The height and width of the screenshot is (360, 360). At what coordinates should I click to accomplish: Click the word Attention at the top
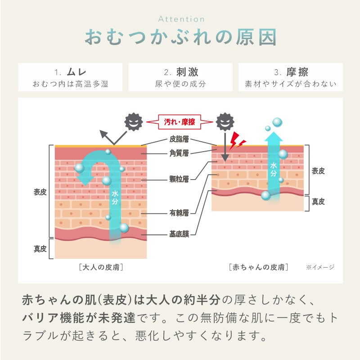click(x=181, y=19)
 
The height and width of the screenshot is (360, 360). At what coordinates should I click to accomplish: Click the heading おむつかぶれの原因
click(x=180, y=38)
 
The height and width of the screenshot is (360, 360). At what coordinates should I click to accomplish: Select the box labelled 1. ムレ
click(x=70, y=77)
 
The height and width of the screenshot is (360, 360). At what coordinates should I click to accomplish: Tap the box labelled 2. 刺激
click(x=180, y=77)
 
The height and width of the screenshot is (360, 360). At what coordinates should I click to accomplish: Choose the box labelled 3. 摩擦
click(x=291, y=77)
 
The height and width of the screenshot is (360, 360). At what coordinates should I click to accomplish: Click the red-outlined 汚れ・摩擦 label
click(x=179, y=121)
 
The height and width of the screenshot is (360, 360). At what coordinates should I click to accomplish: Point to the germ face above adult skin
click(x=133, y=121)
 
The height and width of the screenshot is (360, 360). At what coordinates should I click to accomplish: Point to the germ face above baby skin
click(x=225, y=121)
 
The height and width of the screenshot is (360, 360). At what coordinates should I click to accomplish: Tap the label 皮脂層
click(x=179, y=139)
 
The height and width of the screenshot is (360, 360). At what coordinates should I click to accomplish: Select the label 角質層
click(x=179, y=153)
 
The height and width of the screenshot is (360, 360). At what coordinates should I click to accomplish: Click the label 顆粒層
click(x=179, y=179)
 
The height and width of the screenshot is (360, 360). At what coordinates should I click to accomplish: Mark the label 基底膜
click(x=179, y=234)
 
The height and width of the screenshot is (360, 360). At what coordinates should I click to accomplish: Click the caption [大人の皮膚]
click(x=101, y=267)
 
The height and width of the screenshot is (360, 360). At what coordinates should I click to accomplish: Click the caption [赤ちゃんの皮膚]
click(x=258, y=267)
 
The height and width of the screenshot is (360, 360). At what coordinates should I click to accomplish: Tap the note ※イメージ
click(x=320, y=267)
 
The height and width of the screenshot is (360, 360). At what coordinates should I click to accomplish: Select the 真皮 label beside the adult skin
click(x=40, y=248)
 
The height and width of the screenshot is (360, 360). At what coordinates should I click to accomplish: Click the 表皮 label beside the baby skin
click(x=318, y=171)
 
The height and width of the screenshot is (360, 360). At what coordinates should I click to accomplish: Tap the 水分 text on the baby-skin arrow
click(x=273, y=169)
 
